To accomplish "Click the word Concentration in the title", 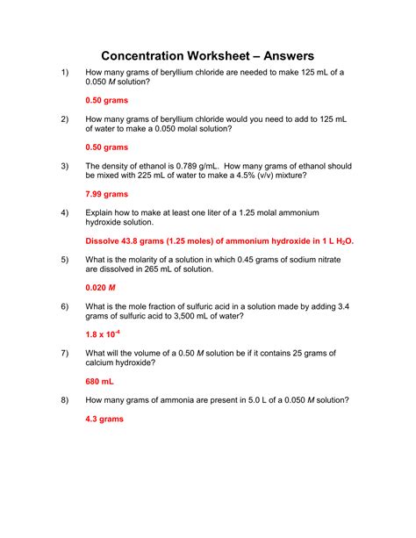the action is coord(154,56).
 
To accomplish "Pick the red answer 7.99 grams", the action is coord(107,194).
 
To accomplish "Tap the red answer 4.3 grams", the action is coord(104,420).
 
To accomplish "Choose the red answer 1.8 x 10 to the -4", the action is coord(104,334).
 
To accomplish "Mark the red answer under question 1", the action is coord(107,100).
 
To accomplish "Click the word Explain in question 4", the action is coord(103,213).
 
